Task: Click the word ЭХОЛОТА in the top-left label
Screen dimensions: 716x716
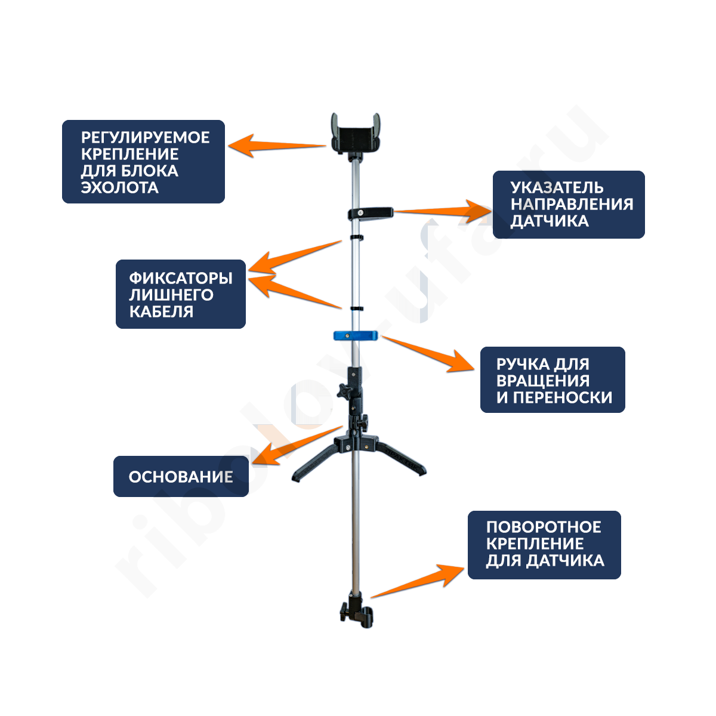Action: pyautogui.click(x=119, y=187)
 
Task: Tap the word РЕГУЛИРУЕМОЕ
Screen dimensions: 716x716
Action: pyautogui.click(x=145, y=137)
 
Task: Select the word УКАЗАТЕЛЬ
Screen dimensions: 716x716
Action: pyautogui.click(x=557, y=187)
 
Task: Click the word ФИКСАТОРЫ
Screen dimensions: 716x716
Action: pyautogui.click(x=180, y=278)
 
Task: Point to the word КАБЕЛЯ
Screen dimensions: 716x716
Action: pyautogui.click(x=161, y=311)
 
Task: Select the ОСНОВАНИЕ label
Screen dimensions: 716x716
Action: pyautogui.click(x=180, y=477)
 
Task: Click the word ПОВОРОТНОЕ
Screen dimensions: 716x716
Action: pyautogui.click(x=544, y=527)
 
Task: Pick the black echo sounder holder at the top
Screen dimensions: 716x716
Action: pyautogui.click(x=356, y=135)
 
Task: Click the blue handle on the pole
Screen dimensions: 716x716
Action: pyautogui.click(x=356, y=335)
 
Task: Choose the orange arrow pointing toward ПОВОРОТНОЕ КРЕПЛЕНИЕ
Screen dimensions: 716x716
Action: pyautogui.click(x=418, y=580)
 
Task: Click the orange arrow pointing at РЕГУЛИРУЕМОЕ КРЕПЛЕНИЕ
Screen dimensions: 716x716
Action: pyautogui.click(x=277, y=145)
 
